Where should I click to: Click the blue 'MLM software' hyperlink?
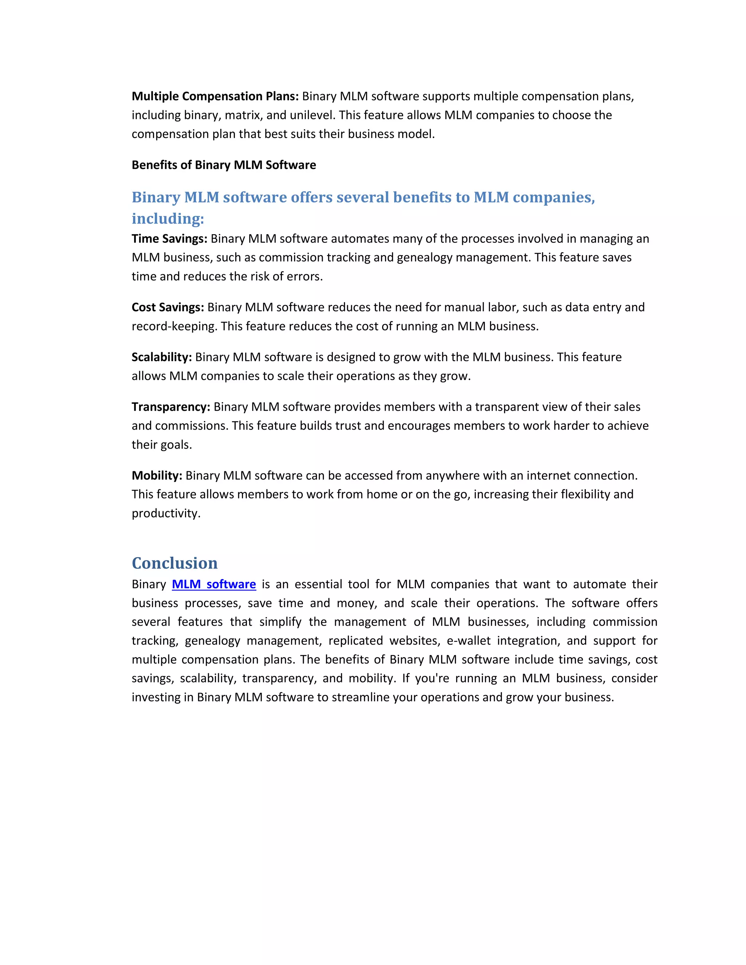coord(214,584)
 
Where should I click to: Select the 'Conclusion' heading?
coord(174,563)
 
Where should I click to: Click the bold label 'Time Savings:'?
coord(169,239)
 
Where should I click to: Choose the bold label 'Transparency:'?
coord(170,407)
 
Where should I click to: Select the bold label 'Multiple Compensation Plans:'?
coord(215,96)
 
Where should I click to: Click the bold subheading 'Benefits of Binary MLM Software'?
coord(224,165)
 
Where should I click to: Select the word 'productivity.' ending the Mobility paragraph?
coord(166,513)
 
